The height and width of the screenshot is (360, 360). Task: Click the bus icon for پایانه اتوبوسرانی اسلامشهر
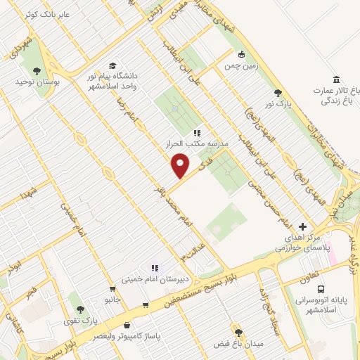pos(321,289)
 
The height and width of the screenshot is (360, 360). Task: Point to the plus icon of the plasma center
pos(302,226)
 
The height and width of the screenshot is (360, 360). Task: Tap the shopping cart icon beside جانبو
pos(112,289)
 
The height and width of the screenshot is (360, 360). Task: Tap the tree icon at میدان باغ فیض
pos(238,330)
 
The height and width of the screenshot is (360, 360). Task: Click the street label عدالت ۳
pos(192,249)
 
